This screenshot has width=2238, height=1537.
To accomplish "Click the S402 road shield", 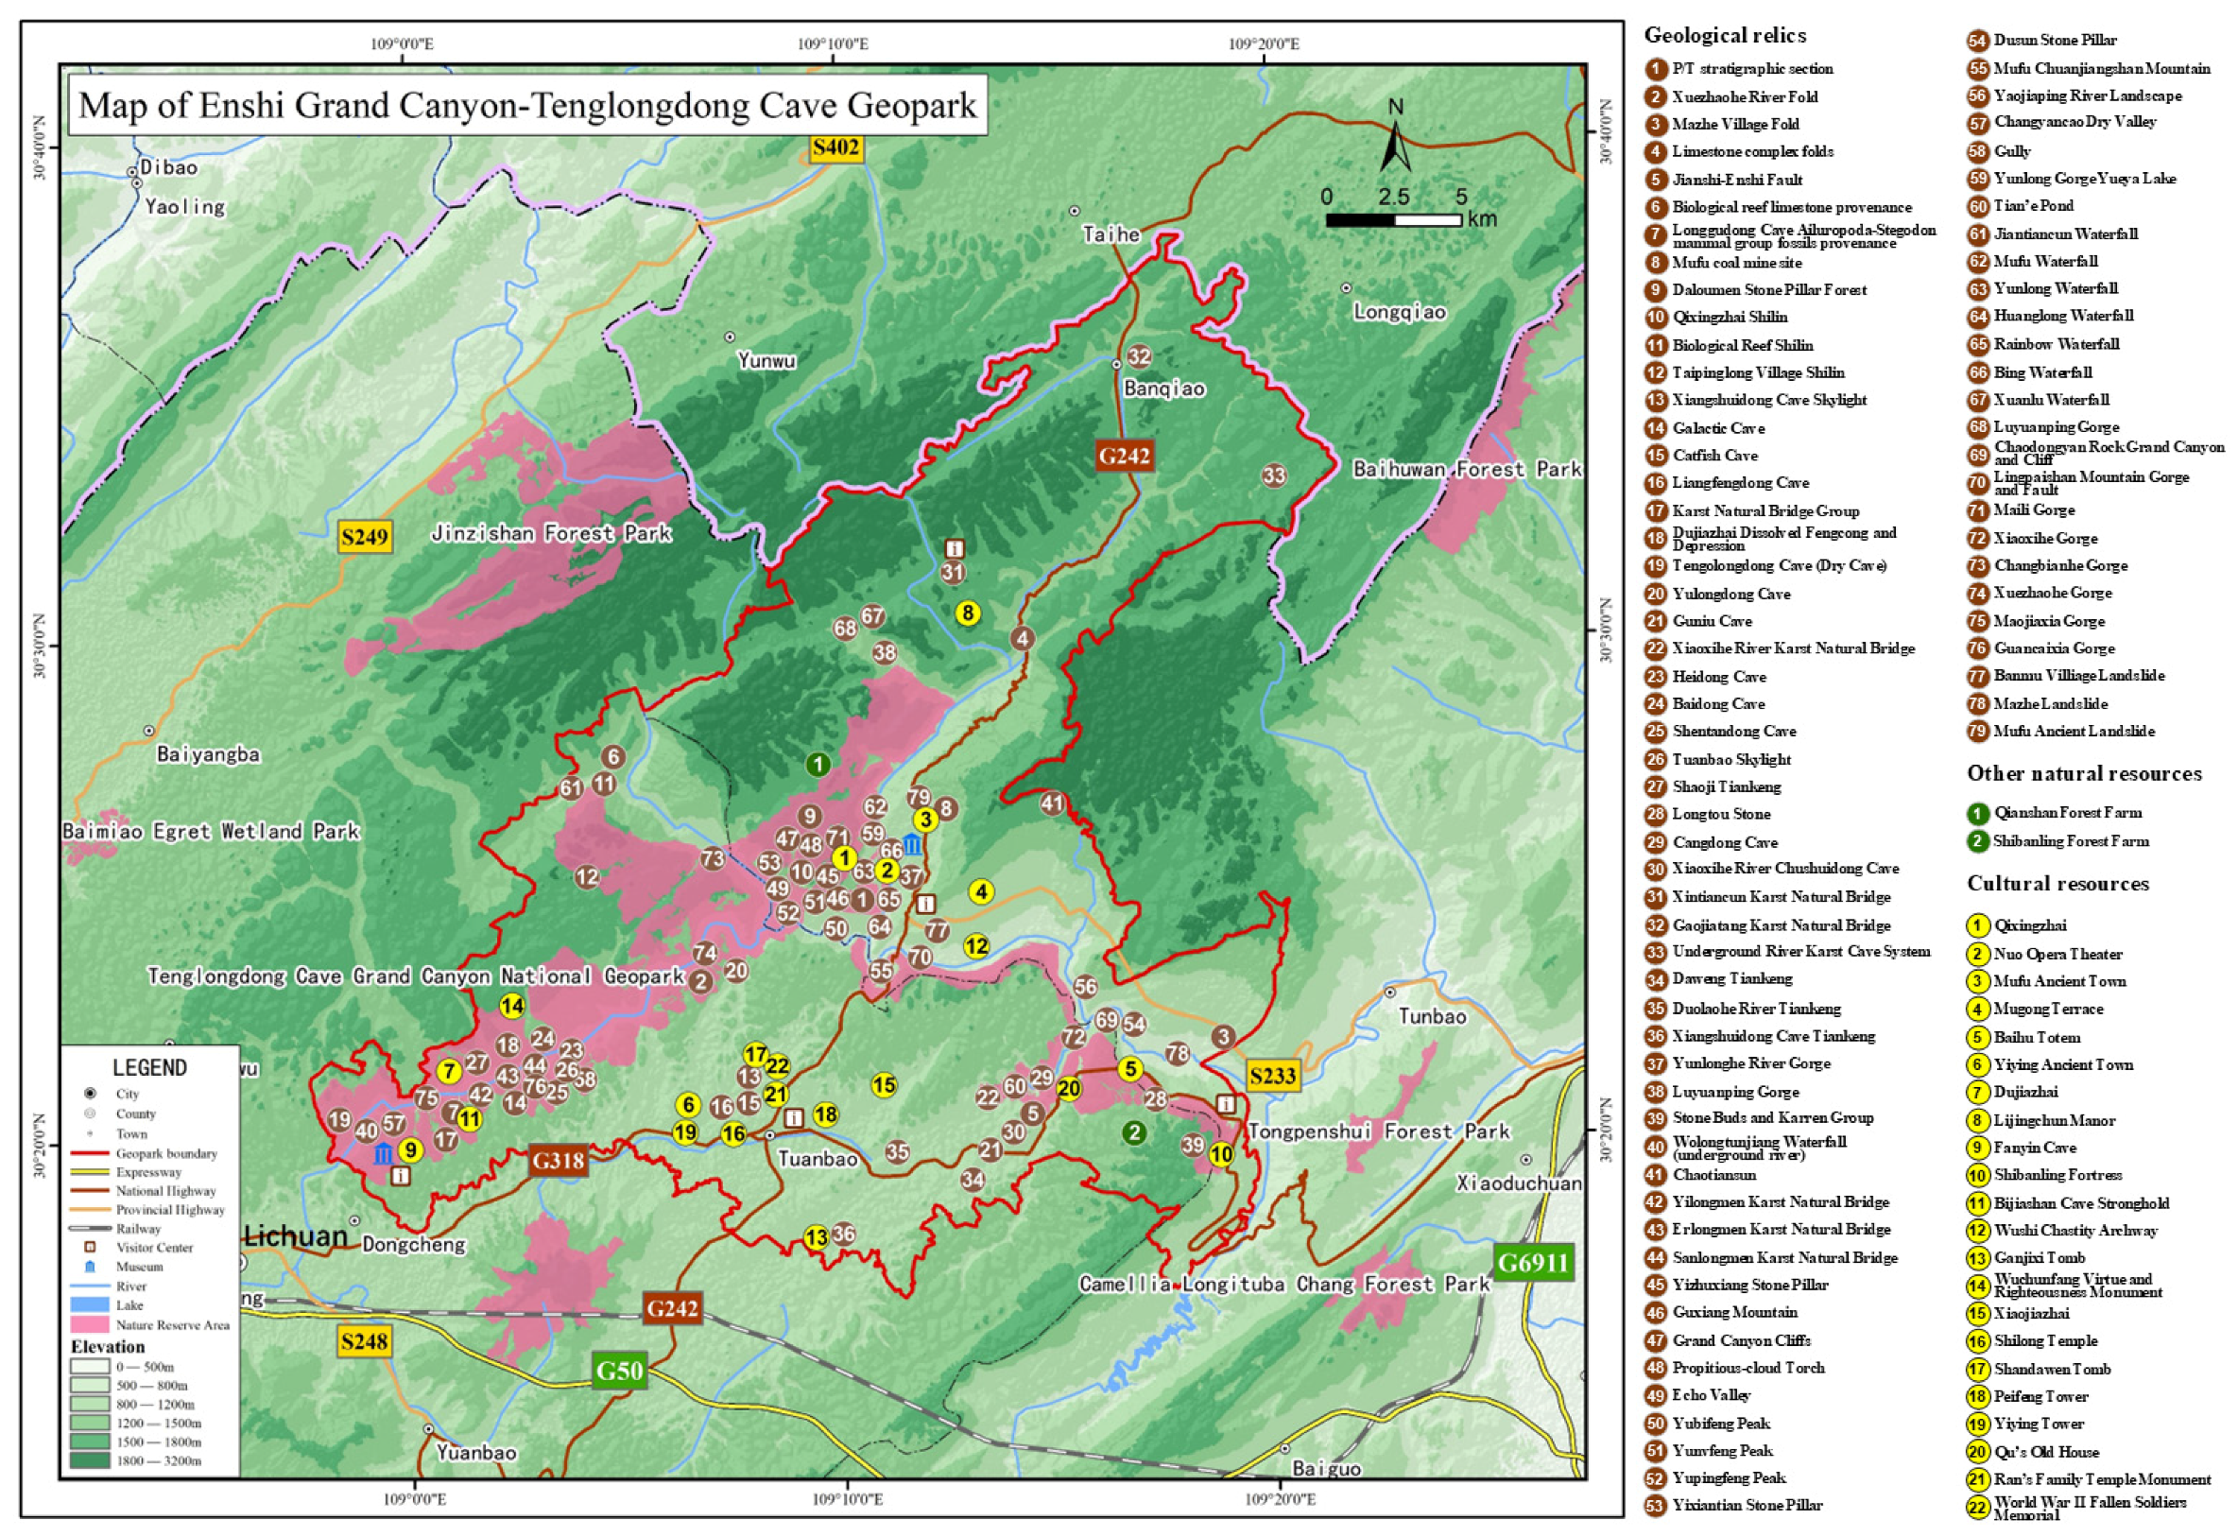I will pos(834,147).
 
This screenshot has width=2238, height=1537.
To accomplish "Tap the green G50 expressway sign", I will pos(618,1370).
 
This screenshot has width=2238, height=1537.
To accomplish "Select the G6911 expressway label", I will pos(1532,1263).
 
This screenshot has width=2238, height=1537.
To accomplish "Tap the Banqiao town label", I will pos(1163,389).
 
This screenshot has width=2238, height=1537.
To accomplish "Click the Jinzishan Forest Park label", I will pos(550,533).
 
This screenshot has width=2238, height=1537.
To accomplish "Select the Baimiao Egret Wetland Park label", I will pos(211,831).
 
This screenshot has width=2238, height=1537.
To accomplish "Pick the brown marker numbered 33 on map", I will pos(1273,475).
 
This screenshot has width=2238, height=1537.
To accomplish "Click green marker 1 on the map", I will pos(818,765).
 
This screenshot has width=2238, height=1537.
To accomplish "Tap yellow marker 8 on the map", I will pos(967,613).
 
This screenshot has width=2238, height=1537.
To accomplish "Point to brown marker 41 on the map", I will pos(1052,803).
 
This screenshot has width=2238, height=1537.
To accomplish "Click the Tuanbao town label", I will pos(817,1159).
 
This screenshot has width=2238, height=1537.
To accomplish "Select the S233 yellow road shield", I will pos(1272,1075).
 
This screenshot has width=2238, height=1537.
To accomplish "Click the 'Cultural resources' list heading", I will pos(2057,884).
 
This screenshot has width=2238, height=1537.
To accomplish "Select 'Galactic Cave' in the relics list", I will pos(1718,427).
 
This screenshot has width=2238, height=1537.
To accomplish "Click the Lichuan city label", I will pos(295,1236).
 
